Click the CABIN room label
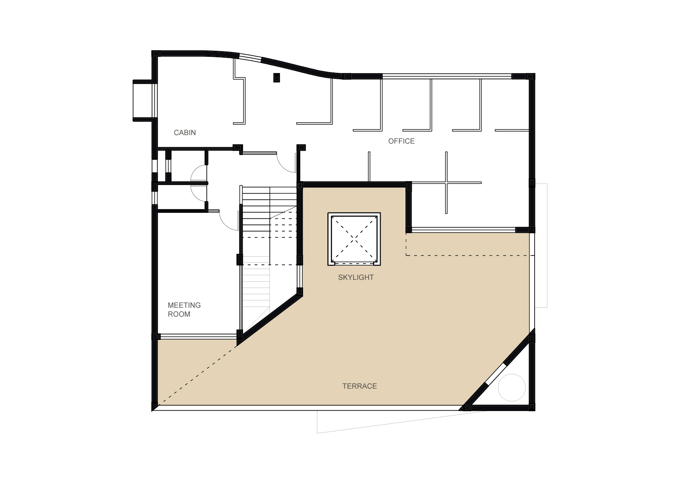(x=185, y=133)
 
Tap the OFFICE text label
(x=401, y=141)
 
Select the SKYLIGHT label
(x=356, y=278)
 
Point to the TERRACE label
(x=359, y=386)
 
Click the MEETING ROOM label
(x=184, y=310)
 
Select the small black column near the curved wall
(x=276, y=77)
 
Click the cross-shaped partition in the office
(x=446, y=183)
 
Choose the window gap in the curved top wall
(x=250, y=58)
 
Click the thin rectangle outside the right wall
(x=541, y=245)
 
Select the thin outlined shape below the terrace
(x=400, y=422)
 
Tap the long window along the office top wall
(x=447, y=76)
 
